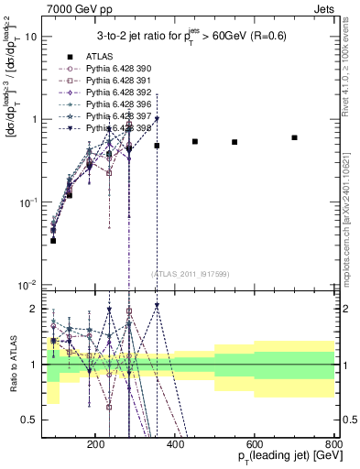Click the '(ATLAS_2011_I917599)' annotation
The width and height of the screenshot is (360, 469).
189,273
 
